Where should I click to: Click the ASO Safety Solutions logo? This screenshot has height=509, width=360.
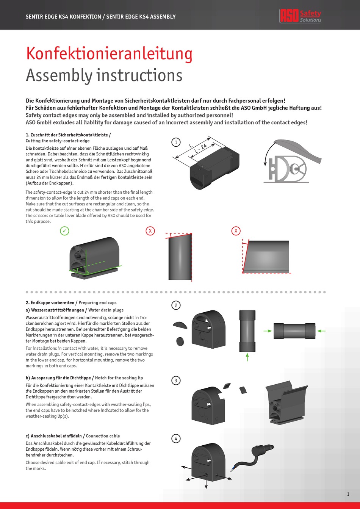coord(300,16)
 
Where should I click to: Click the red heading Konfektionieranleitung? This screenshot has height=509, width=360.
coord(109,54)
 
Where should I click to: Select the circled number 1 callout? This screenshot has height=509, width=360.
coord(176,143)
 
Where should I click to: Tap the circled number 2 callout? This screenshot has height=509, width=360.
coord(176,305)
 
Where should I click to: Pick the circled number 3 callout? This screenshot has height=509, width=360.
coord(176,381)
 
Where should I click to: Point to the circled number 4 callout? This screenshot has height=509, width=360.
coord(176,439)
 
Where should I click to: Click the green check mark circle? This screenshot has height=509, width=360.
coord(65,230)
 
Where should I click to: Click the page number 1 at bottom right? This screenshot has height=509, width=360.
coord(348,493)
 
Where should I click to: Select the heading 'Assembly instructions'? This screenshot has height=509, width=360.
coord(104,75)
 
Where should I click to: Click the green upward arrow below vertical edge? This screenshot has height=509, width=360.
coord(247,356)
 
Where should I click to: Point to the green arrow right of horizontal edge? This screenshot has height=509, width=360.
coord(321,331)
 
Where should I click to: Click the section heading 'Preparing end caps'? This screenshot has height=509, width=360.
coord(97,303)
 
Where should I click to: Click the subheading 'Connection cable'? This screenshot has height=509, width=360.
coord(103,436)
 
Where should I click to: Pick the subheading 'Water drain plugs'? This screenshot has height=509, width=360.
coord(106,310)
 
